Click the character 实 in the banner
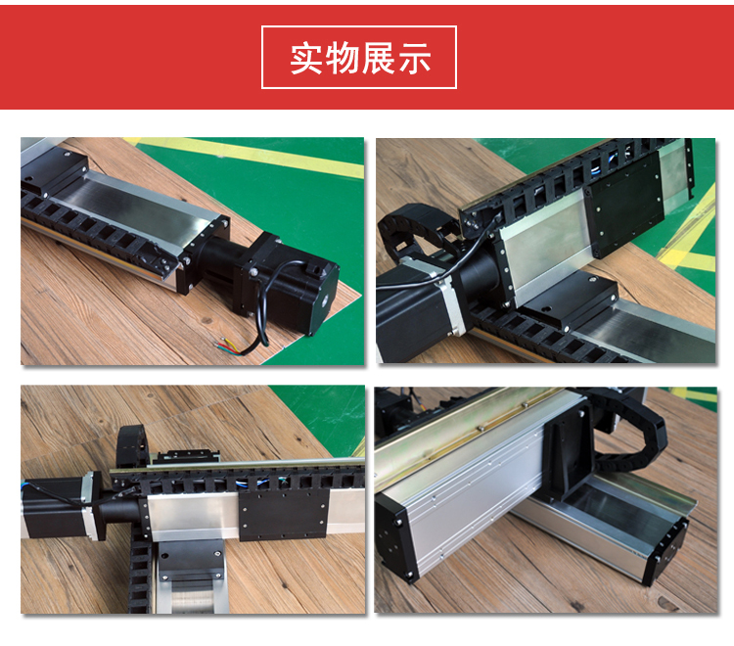point(307,58)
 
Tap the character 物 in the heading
point(343,58)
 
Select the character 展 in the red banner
point(378,58)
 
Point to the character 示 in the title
point(414,58)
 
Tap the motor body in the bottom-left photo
point(53,508)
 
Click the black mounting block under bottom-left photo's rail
point(191,560)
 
